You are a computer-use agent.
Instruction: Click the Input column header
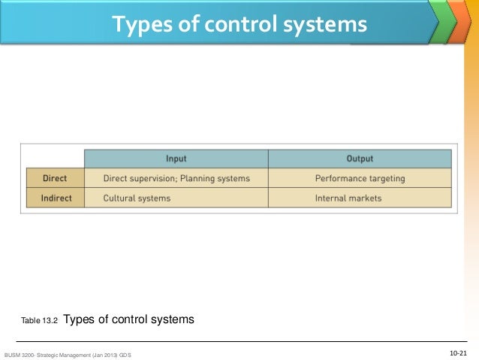pos(176,159)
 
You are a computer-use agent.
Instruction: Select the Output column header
pos(360,159)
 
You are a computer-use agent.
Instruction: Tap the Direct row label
pos(55,179)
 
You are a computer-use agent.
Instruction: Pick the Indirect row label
pos(55,198)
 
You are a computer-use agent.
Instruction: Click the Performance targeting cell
pos(360,179)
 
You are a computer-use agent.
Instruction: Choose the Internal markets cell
pos(348,198)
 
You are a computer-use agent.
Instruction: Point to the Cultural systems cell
pos(137,198)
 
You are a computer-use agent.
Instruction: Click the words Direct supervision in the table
pos(138,179)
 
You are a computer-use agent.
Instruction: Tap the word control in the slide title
pos(230,26)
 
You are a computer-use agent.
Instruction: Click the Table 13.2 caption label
pos(40,321)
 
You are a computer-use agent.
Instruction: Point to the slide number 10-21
pos(458,352)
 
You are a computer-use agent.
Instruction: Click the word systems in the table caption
pos(172,319)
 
